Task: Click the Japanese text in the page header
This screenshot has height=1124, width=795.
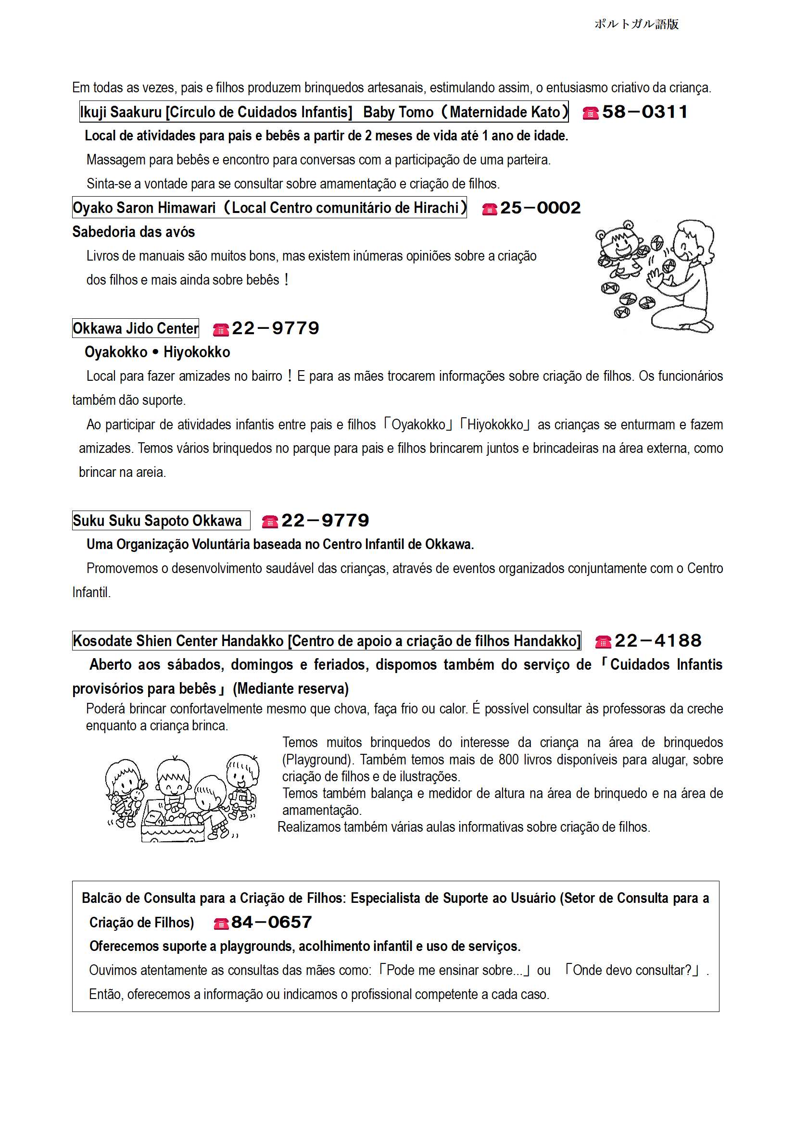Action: (636, 24)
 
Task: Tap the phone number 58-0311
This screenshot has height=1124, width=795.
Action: (644, 112)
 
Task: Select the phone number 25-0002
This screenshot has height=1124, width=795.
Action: (540, 208)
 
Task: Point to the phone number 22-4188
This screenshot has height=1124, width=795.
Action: (658, 641)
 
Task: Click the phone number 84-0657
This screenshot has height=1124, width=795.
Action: (271, 922)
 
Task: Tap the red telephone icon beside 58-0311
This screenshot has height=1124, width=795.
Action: (590, 113)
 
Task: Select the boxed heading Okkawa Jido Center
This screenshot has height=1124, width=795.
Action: (136, 328)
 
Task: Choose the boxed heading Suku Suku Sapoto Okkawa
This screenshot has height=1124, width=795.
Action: (161, 520)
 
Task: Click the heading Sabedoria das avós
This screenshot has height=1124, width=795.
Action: (133, 232)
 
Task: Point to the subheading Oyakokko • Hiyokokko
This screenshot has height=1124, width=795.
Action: (157, 352)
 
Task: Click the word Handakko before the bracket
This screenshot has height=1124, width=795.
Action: (259, 641)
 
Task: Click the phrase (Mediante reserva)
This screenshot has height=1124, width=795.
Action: (291, 689)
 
